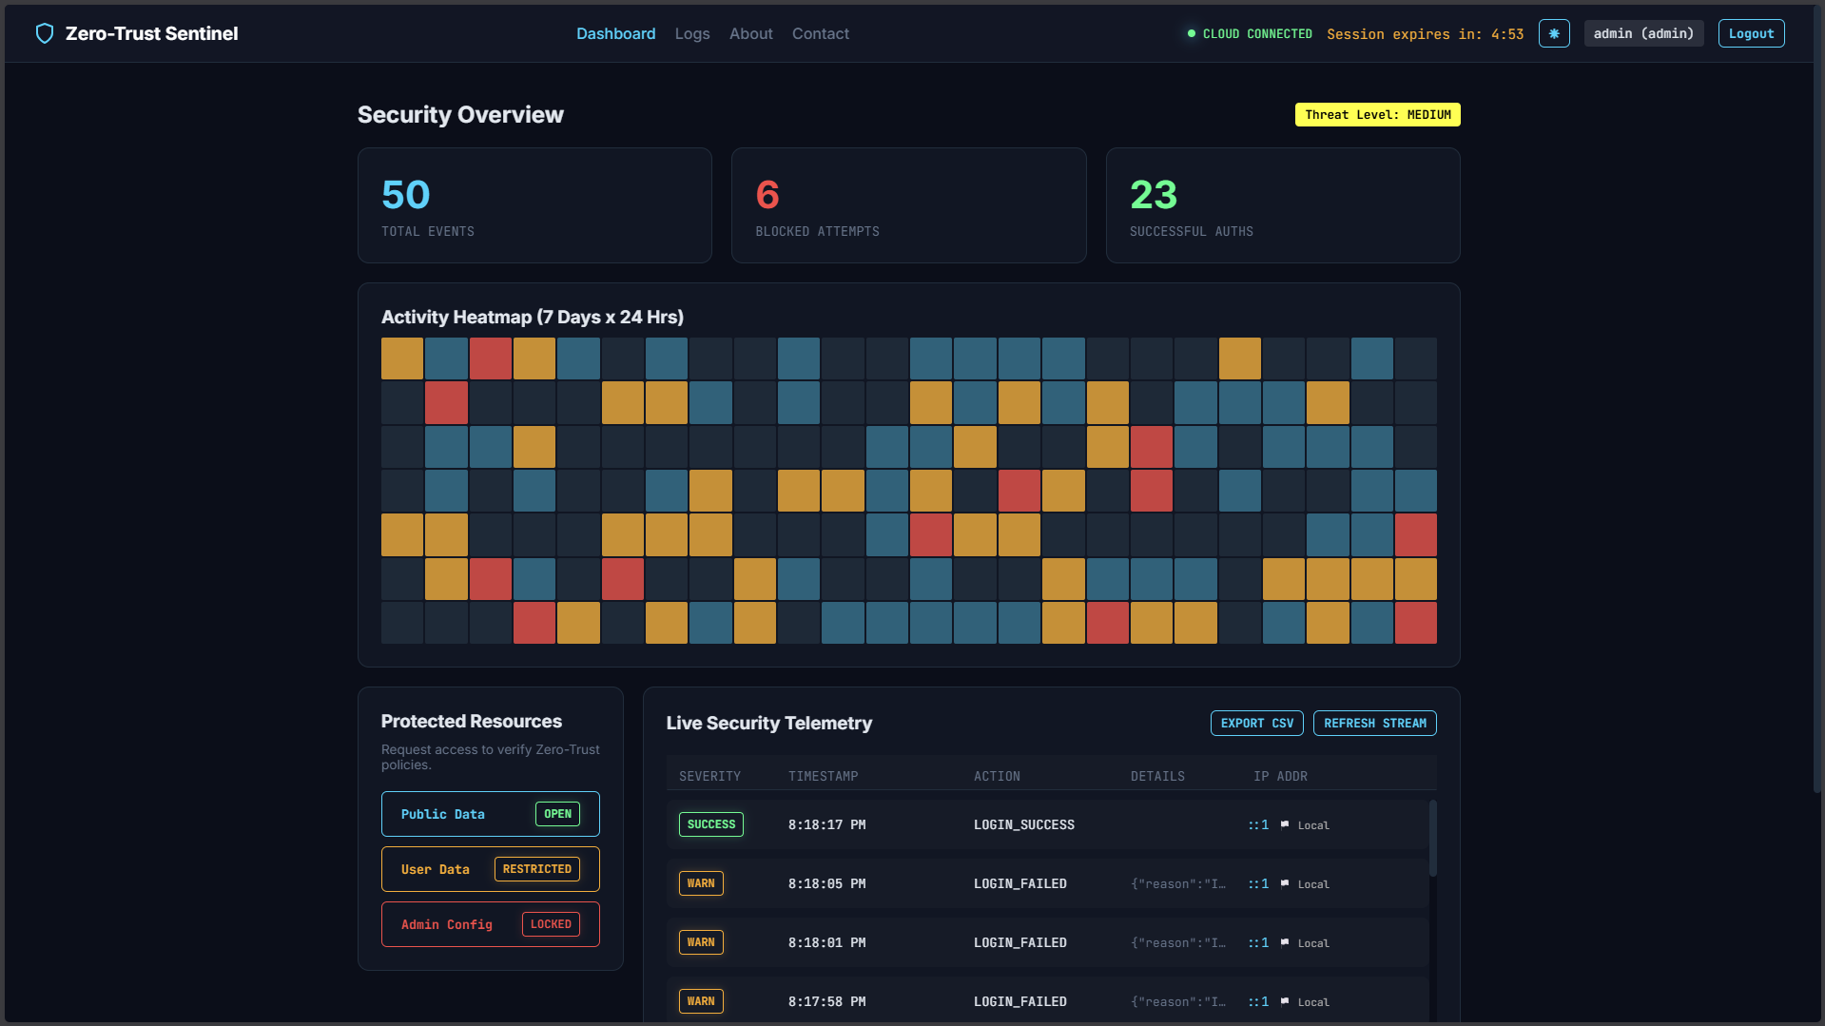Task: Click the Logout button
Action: tap(1751, 33)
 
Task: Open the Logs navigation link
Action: tap(692, 33)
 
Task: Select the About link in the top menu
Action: tap(751, 33)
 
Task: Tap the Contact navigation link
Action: tap(821, 33)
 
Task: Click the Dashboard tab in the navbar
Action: tap(616, 33)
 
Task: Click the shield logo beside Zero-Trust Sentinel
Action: tap(44, 33)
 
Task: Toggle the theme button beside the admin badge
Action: tap(1554, 33)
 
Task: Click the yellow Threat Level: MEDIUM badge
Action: tap(1378, 115)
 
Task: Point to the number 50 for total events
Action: tap(406, 195)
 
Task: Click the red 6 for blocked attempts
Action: tap(767, 195)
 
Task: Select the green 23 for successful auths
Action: tap(1154, 195)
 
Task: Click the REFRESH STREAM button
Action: tap(1375, 724)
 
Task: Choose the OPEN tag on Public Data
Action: tap(557, 814)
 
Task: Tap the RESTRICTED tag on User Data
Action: tap(537, 869)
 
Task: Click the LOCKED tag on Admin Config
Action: tap(551, 924)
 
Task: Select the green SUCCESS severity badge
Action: tap(711, 824)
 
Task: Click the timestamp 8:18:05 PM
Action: tap(826, 883)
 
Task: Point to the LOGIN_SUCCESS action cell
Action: tap(1024, 824)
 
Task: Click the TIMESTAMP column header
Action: tap(824, 776)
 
